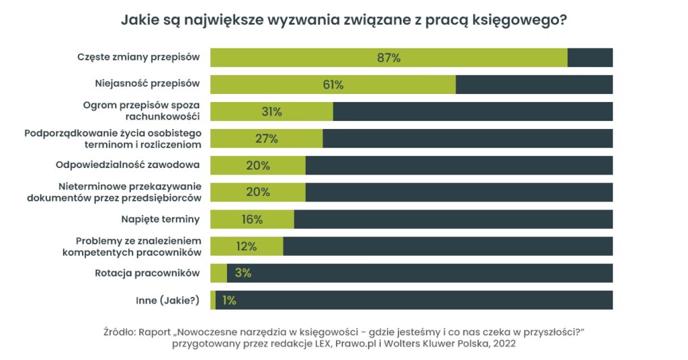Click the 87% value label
tap(388, 58)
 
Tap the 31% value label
tap(271, 111)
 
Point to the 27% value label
tap(266, 138)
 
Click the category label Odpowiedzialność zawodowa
tap(128, 165)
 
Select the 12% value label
tap(247, 246)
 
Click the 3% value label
tap(243, 273)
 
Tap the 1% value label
tap(229, 300)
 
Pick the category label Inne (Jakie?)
tap(168, 300)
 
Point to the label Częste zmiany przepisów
tap(138, 57)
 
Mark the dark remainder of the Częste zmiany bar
tap(590, 58)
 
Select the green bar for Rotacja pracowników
tap(218, 273)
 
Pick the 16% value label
tap(252, 219)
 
